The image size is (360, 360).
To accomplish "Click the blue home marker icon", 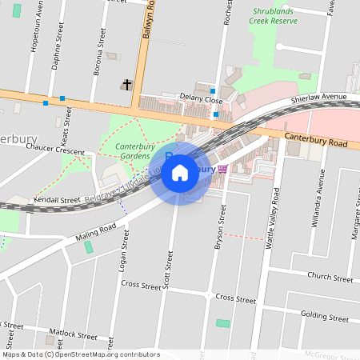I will point(180,172).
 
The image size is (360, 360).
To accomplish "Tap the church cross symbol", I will point(126,83).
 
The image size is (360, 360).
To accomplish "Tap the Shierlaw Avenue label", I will point(318,97).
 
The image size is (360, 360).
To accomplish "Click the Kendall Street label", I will point(58,199).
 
